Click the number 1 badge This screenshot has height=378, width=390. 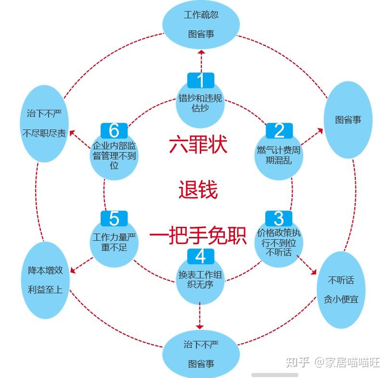tap(201, 80)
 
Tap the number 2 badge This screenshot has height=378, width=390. tap(279, 130)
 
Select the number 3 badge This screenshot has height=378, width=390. tap(279, 219)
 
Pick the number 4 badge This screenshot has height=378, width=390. tap(201, 256)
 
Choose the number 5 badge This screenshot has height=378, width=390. tap(114, 219)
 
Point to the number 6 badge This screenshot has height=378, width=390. tap(114, 130)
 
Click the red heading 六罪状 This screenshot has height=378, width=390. tap(198, 144)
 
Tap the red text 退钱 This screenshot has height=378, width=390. tap(198, 190)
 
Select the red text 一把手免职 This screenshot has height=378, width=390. tap(198, 235)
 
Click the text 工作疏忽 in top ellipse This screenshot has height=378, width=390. tap(201, 15)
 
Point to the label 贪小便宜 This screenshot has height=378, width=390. tap(341, 299)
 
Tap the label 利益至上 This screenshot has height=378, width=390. tap(45, 290)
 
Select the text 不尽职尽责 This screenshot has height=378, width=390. tap(44, 133)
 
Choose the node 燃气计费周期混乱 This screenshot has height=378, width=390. tap(279, 155)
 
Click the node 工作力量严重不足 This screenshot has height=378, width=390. tap(114, 243)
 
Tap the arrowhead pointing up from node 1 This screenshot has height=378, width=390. tap(201, 52)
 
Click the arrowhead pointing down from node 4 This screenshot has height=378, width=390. tap(200, 327)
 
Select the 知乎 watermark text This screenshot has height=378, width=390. tap(298, 362)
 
